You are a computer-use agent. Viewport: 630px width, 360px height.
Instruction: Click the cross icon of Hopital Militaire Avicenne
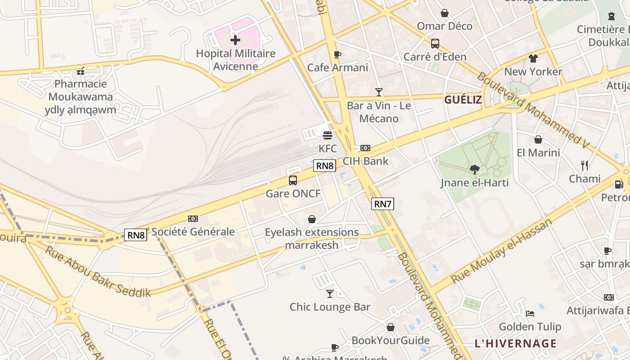point(235,40)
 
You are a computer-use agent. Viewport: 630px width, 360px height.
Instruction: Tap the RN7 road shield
point(382,204)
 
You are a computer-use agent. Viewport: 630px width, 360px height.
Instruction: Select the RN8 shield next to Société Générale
point(135,235)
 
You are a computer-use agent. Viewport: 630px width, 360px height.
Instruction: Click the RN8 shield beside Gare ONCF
point(325,166)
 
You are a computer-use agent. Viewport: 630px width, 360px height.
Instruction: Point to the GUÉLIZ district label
point(463,100)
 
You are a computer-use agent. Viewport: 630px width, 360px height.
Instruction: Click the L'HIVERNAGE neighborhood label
point(516,343)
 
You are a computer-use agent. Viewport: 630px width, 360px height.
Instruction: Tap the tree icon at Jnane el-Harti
point(474,170)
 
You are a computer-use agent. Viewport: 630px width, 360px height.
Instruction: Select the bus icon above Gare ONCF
point(293,180)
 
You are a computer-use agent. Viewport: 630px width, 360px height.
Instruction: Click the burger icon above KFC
point(328,135)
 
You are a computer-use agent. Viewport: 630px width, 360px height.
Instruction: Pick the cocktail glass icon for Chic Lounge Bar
point(330,294)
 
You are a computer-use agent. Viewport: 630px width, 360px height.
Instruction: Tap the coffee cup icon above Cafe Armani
point(337,54)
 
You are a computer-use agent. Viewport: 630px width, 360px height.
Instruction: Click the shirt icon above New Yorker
point(533,58)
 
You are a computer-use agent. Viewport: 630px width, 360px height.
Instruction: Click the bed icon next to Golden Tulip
point(530,313)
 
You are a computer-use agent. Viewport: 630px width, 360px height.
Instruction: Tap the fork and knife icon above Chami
point(585,166)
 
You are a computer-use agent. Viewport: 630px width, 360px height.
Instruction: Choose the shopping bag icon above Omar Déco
point(445,13)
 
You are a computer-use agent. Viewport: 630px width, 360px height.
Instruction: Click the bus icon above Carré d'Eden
point(435,44)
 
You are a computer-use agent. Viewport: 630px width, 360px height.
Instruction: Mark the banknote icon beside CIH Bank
point(365,148)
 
